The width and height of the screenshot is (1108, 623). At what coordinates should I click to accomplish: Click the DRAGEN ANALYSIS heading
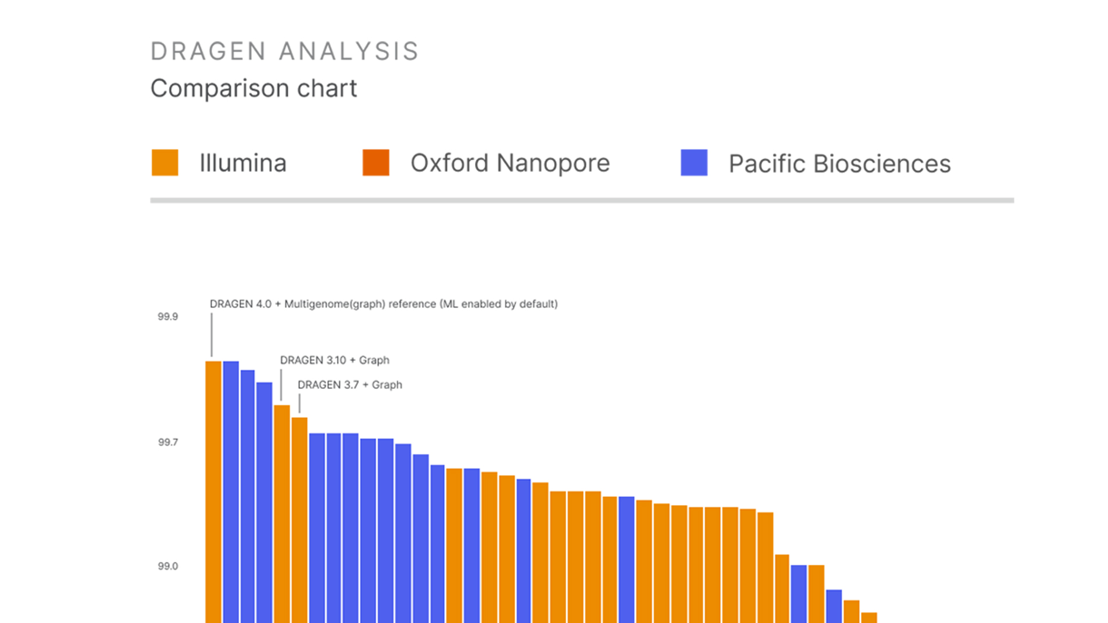pos(284,51)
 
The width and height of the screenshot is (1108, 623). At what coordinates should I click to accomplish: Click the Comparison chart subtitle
pos(253,88)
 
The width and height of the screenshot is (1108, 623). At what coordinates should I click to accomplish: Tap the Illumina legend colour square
pos(165,163)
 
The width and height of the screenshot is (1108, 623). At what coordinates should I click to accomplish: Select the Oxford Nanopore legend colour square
pos(376,163)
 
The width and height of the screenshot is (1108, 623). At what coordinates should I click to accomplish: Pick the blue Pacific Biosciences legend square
pos(694,163)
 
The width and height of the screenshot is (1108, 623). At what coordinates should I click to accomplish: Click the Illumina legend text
pos(243,163)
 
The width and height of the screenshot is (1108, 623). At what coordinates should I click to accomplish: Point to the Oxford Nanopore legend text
pos(510,163)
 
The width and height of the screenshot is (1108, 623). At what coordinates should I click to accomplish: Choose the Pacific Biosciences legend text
pos(839,164)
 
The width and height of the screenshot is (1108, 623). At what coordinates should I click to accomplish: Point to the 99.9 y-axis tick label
pos(167,317)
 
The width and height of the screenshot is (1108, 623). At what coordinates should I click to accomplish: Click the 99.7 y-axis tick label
pos(167,442)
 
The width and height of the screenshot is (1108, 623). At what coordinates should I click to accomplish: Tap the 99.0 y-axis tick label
pos(167,566)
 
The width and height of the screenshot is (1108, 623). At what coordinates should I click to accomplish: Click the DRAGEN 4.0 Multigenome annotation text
pos(383,304)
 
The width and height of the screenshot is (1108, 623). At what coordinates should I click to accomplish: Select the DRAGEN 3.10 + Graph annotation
pos(334,360)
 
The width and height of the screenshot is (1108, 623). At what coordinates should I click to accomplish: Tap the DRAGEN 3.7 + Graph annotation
pos(349,385)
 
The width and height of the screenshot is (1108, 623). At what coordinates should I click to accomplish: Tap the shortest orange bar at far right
pos(868,618)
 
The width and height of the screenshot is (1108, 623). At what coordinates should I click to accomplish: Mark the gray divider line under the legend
pos(581,200)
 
